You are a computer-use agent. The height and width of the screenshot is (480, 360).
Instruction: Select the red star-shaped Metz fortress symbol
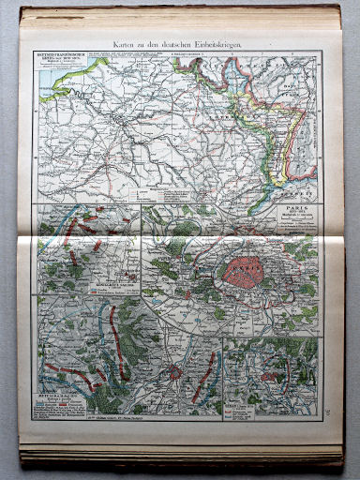point(174,372)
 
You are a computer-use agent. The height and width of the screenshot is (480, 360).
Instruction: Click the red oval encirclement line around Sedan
point(276,375)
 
